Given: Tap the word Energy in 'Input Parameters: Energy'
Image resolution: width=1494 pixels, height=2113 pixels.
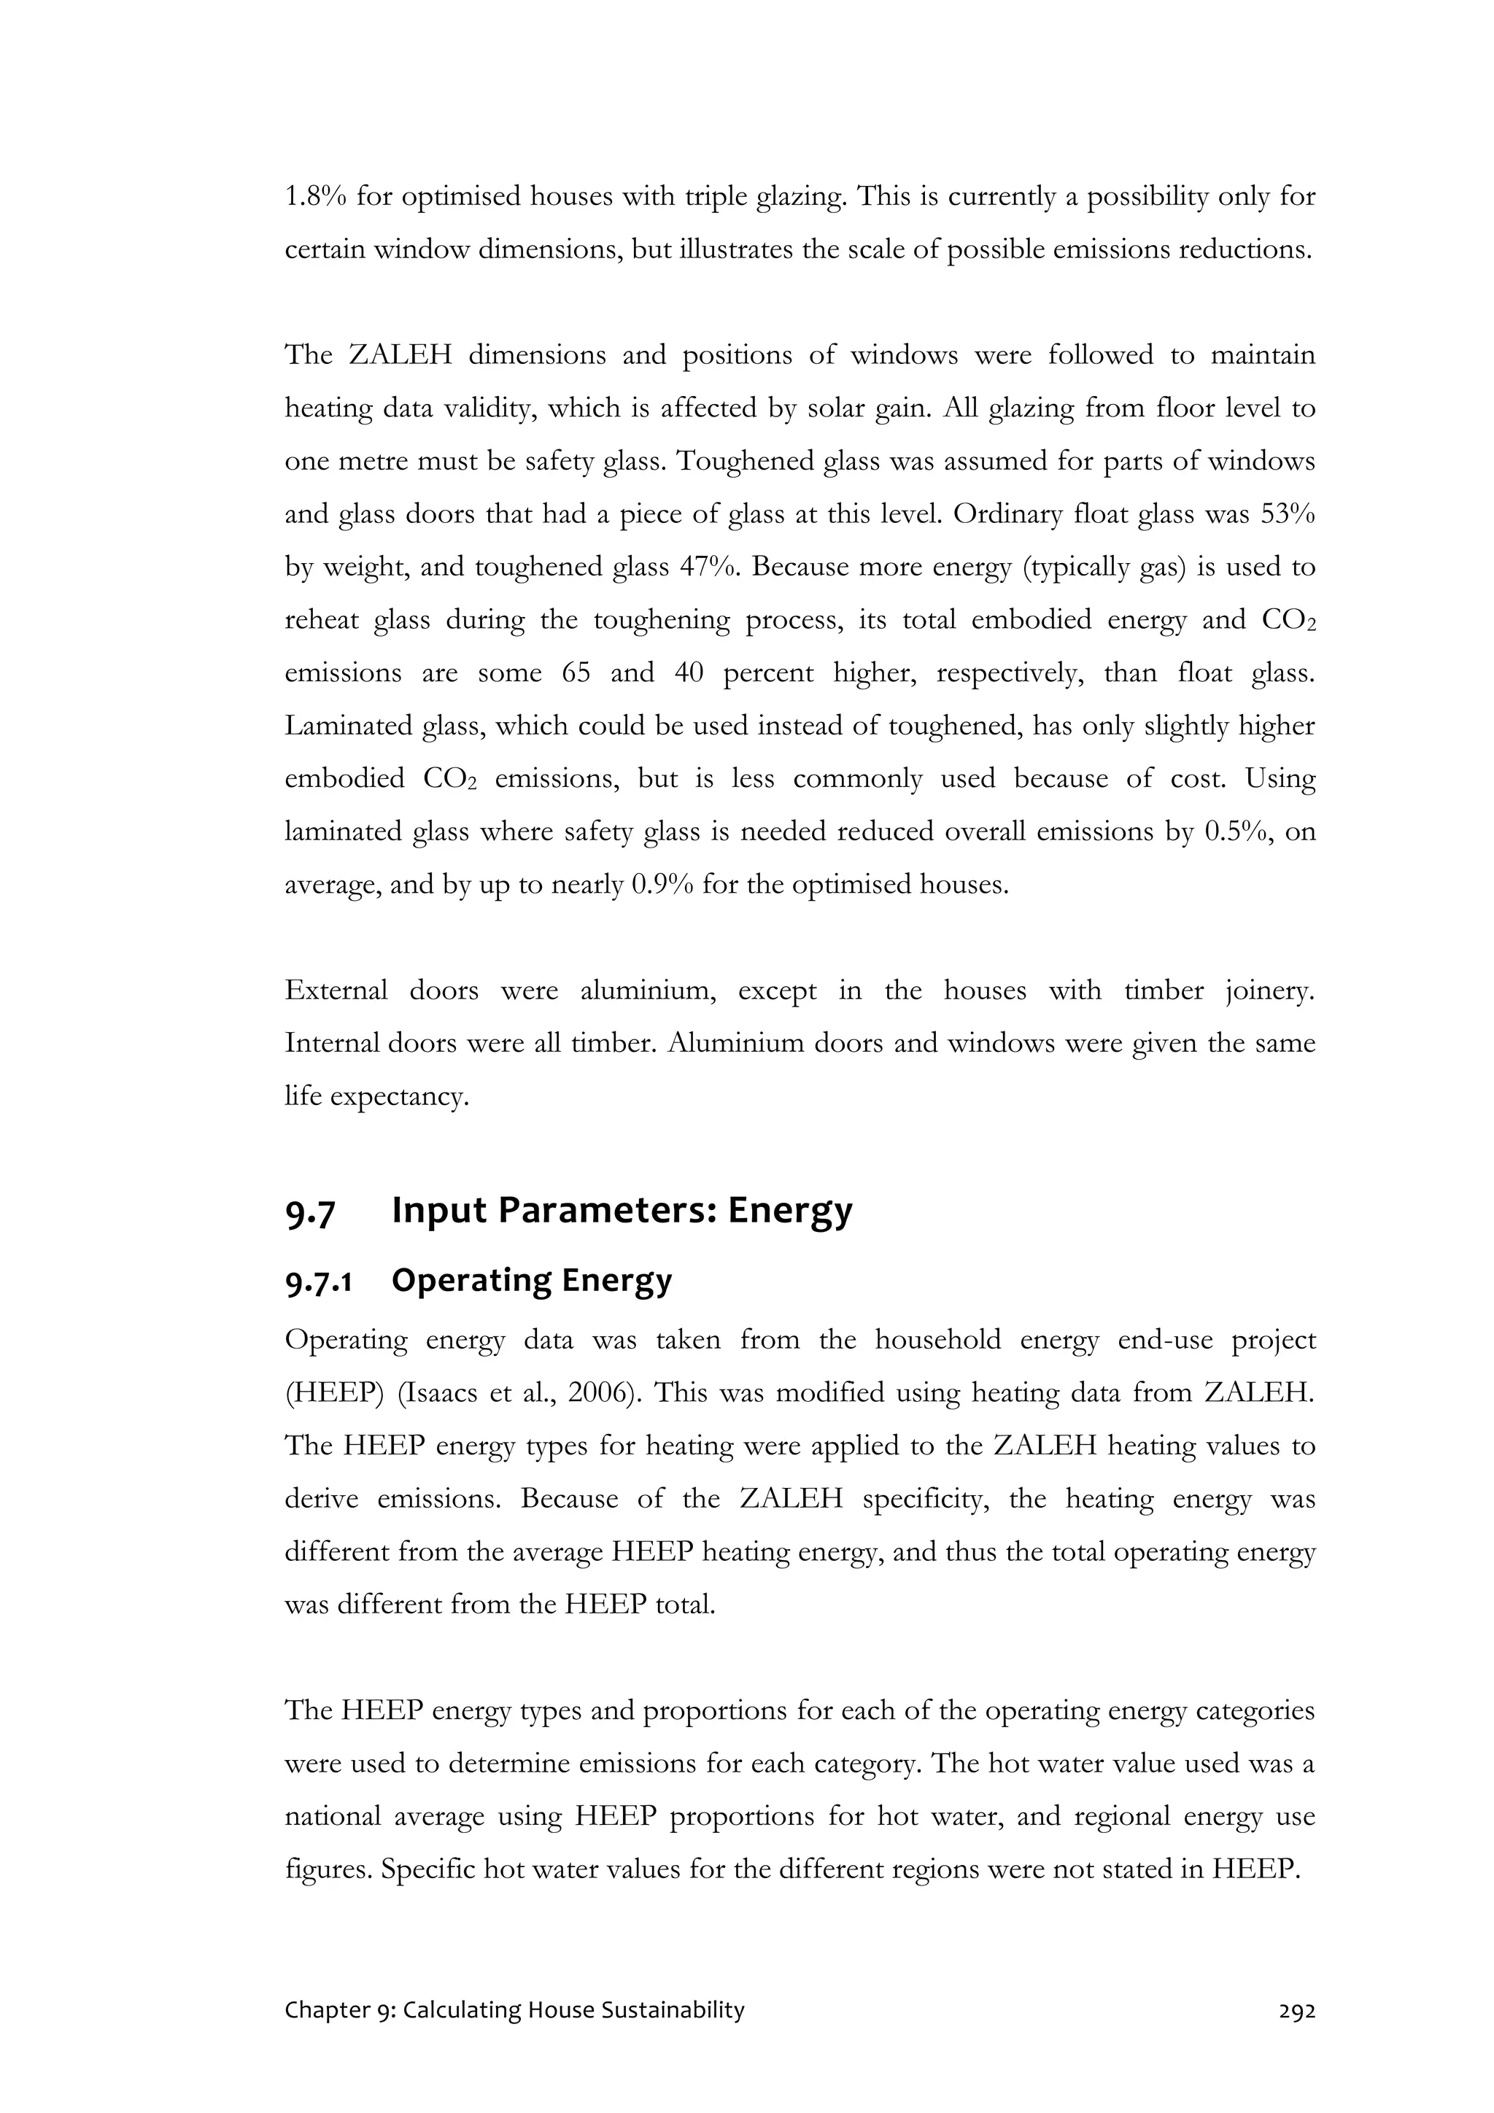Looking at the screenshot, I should (x=790, y=1211).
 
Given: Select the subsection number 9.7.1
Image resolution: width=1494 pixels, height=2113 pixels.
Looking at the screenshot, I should (x=320, y=1281).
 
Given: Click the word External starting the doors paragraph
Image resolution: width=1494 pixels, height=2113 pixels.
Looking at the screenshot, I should (x=336, y=991).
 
